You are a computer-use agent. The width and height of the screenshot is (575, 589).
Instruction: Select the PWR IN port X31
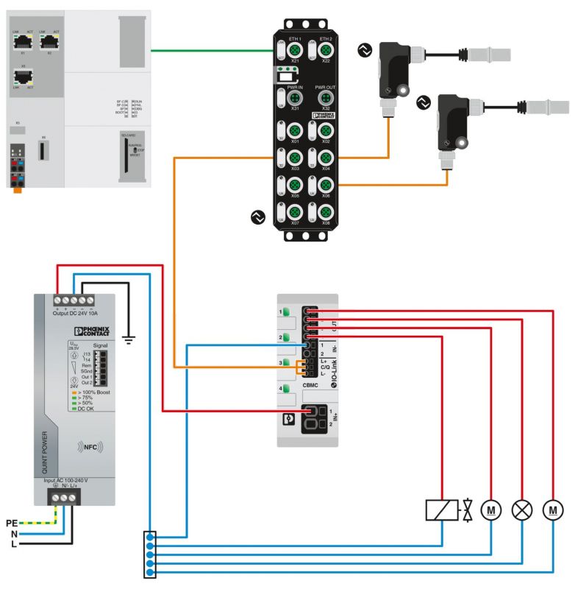click(295, 99)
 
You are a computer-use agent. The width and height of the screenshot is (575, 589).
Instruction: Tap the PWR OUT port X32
click(325, 99)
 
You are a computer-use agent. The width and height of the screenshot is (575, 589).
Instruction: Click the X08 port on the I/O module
click(325, 212)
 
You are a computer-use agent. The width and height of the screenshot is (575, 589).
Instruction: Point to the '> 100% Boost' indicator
click(90, 392)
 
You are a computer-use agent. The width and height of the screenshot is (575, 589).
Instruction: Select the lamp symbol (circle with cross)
click(522, 509)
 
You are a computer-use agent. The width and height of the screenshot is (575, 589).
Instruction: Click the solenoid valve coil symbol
click(442, 509)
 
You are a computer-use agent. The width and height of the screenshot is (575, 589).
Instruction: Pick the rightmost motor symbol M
click(552, 509)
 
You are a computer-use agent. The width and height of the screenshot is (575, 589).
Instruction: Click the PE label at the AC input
click(10, 522)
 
